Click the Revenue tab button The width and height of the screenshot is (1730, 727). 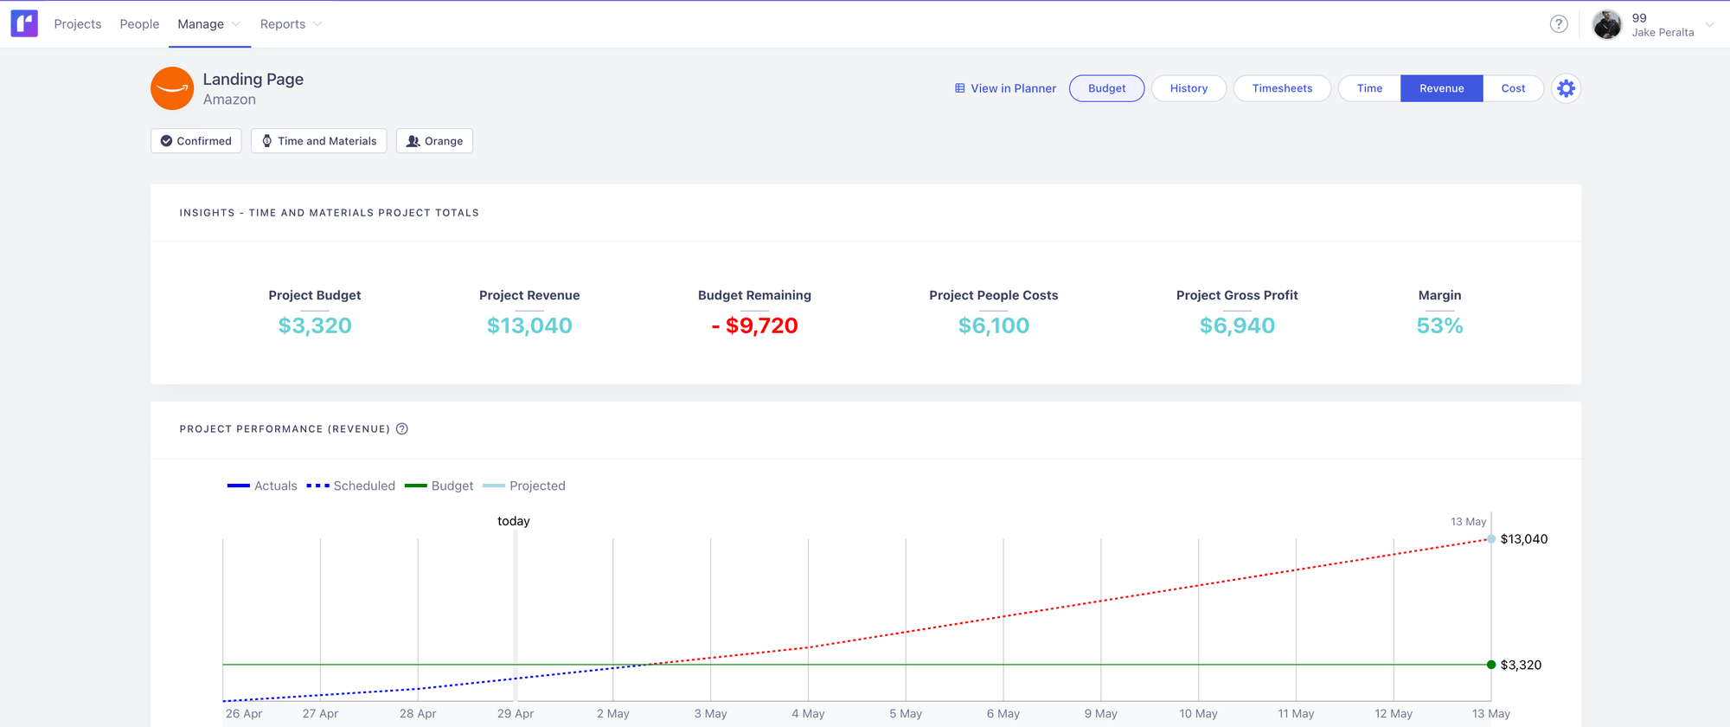point(1441,88)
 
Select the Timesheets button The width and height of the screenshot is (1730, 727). point(1282,88)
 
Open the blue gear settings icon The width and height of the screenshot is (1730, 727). point(1566,88)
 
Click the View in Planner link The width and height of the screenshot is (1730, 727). point(1005,88)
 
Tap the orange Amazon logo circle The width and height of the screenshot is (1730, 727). point(172,88)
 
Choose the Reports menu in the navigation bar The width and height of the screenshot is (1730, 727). point(283,24)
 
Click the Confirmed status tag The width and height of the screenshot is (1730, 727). point(196,141)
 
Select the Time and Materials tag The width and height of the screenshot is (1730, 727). point(319,141)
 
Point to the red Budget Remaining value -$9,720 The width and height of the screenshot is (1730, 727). point(754,325)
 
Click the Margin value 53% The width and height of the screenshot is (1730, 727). point(1439,325)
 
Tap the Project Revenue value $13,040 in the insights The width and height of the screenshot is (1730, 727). point(529,325)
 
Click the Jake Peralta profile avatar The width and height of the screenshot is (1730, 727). point(1607,24)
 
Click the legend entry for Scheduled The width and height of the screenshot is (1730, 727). point(351,486)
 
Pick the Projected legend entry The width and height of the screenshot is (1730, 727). point(524,486)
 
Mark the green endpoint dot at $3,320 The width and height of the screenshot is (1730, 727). point(1491,665)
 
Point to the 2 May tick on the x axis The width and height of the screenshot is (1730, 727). point(613,713)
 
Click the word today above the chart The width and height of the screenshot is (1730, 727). point(514,521)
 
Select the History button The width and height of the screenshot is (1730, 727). point(1189,88)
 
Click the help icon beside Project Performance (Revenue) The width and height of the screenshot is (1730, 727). point(402,429)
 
